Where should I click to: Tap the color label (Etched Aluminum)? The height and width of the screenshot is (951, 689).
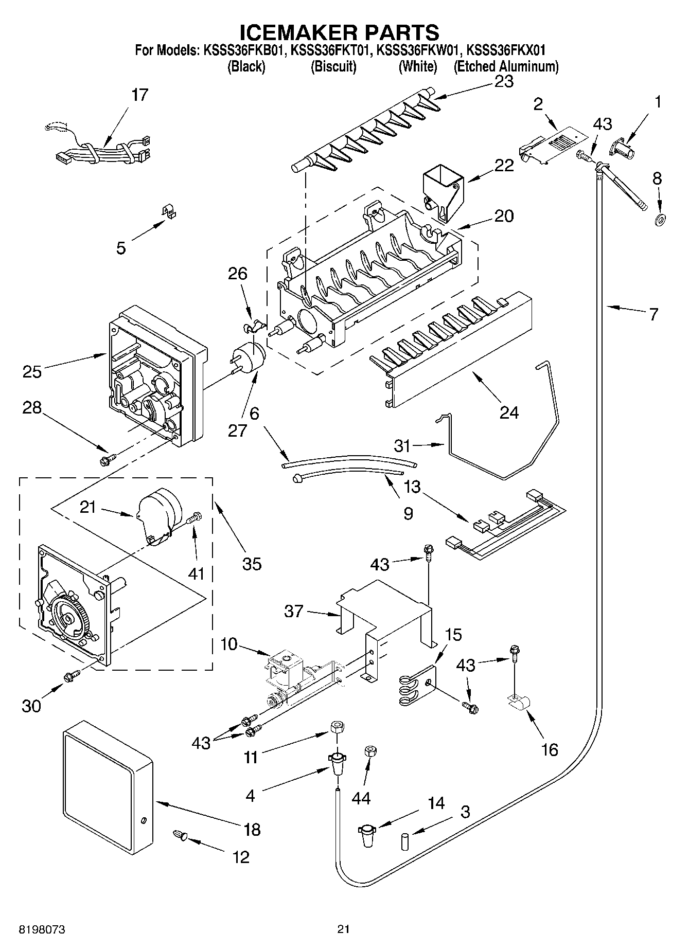(x=506, y=66)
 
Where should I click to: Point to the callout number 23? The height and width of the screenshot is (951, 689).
(x=504, y=81)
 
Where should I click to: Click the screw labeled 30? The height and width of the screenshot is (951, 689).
(x=71, y=677)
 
